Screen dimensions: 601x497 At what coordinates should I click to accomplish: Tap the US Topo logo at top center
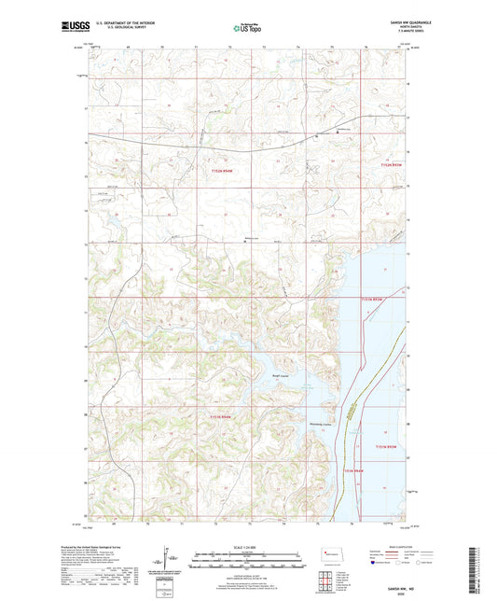248,29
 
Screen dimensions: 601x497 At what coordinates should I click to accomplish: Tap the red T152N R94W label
221,171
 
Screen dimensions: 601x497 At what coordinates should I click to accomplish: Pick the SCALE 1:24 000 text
248,548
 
